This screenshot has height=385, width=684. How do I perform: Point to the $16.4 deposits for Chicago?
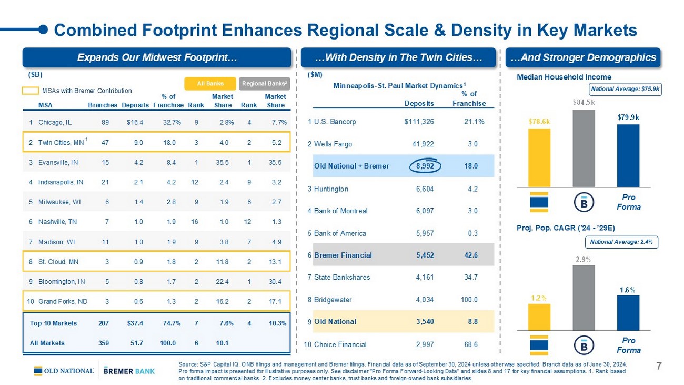(x=135, y=122)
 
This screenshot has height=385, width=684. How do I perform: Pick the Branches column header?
(x=103, y=105)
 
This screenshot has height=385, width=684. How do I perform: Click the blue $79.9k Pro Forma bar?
(x=628, y=155)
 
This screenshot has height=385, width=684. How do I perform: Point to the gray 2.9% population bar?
(x=584, y=298)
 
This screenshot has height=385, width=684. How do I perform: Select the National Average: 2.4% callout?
(x=622, y=242)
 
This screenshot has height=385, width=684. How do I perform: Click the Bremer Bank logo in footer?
(x=129, y=371)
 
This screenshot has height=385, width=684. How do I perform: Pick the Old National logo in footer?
(x=64, y=371)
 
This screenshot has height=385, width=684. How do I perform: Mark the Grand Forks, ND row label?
(x=63, y=302)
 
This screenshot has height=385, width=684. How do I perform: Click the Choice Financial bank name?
(x=340, y=344)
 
